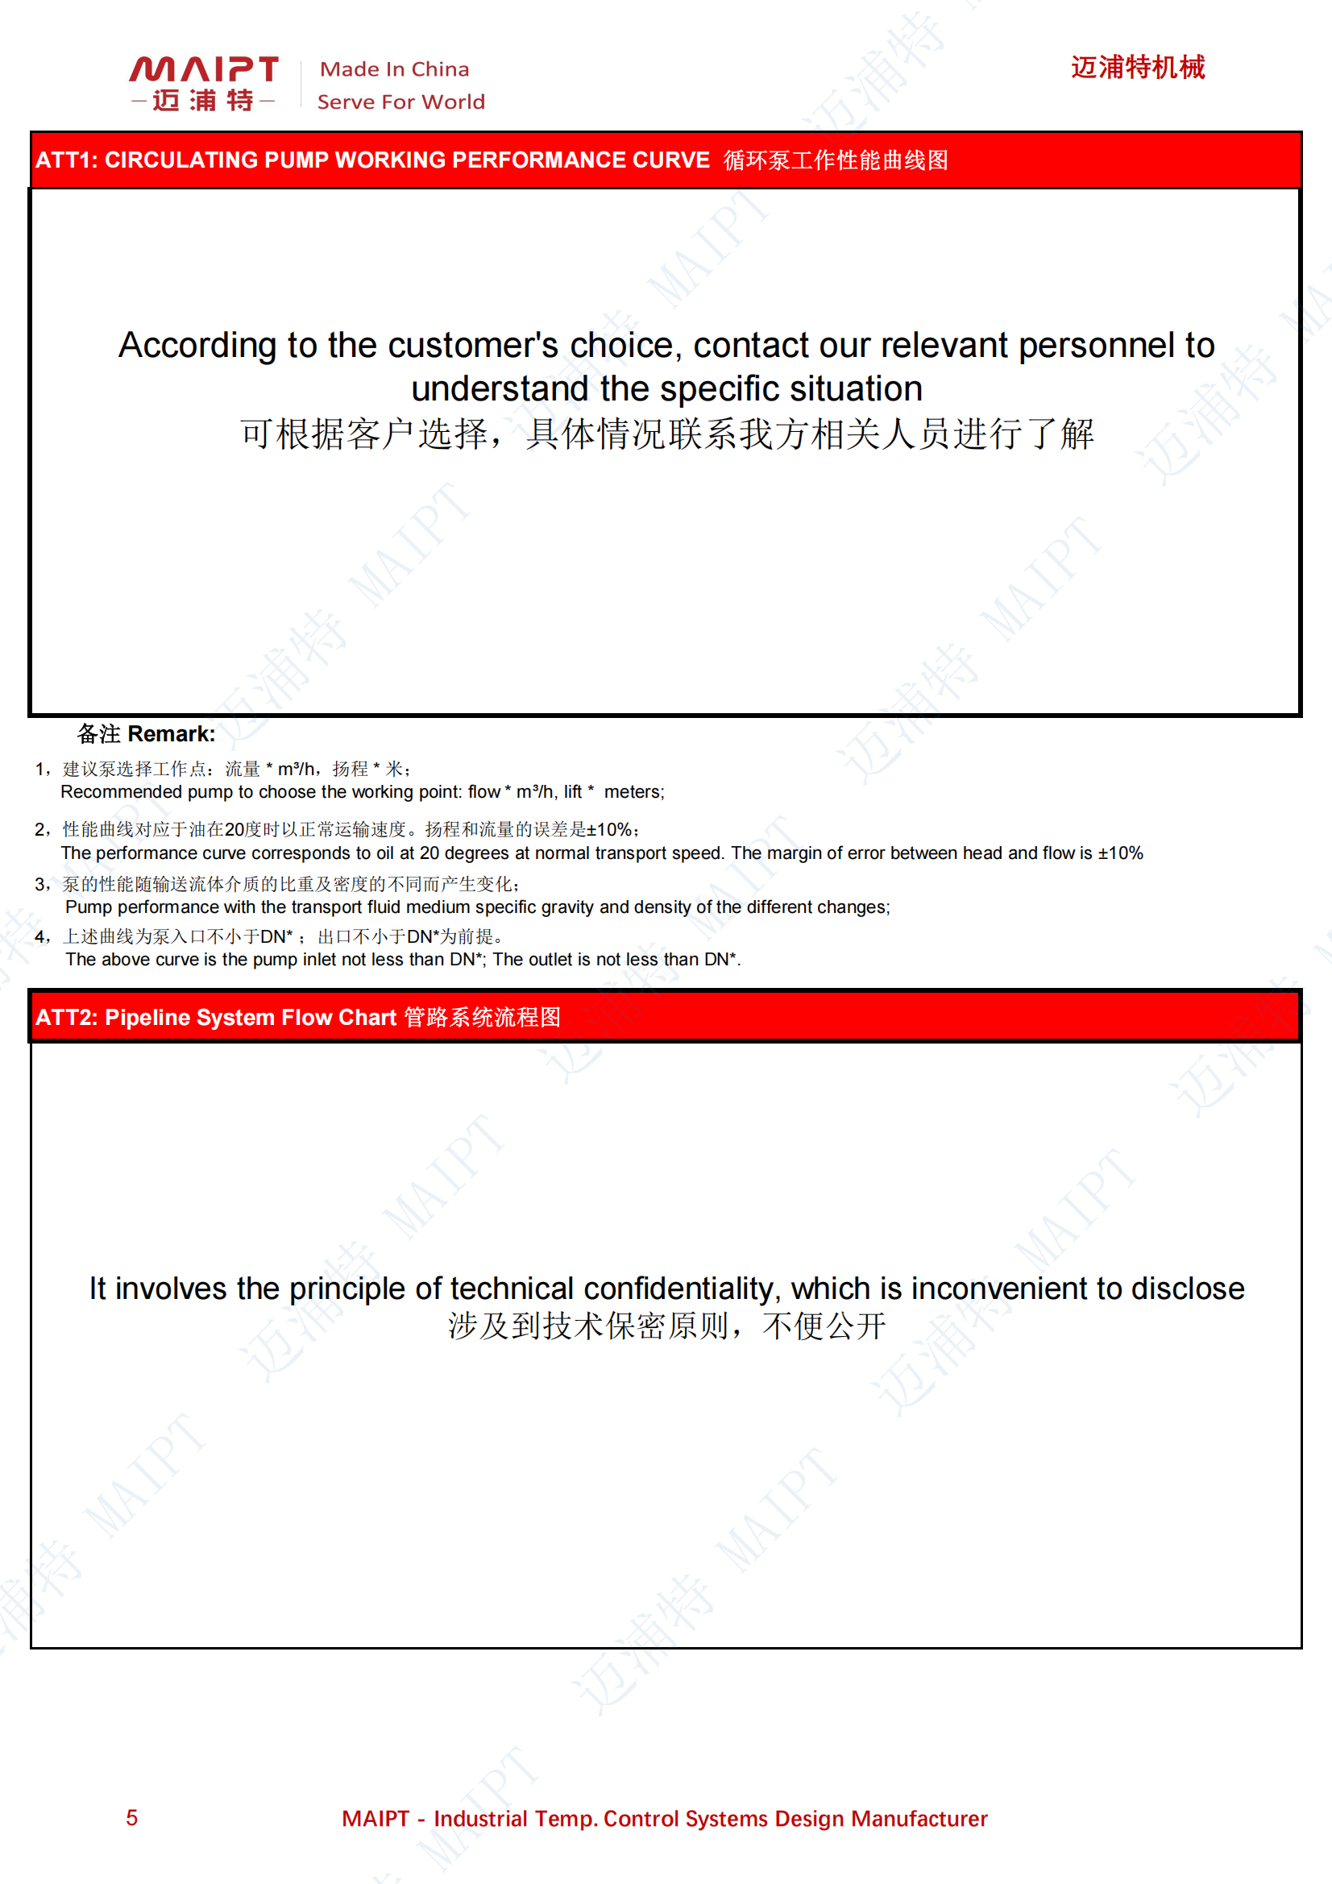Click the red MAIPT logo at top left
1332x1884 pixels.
click(x=204, y=82)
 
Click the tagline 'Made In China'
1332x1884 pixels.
click(x=394, y=70)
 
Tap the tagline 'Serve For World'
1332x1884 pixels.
click(x=400, y=102)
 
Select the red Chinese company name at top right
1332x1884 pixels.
click(x=1138, y=68)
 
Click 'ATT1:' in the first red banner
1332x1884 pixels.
click(x=66, y=160)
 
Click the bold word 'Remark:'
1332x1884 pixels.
click(x=172, y=733)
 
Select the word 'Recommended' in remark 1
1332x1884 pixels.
click(x=121, y=792)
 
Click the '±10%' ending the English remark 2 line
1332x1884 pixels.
click(x=1120, y=853)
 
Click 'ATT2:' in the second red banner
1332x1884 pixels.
click(x=66, y=1018)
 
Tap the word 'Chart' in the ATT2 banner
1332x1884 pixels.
click(x=367, y=1018)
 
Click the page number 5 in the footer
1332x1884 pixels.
click(x=131, y=1818)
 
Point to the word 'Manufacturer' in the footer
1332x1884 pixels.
click(x=919, y=1820)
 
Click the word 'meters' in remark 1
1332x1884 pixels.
click(x=632, y=792)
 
